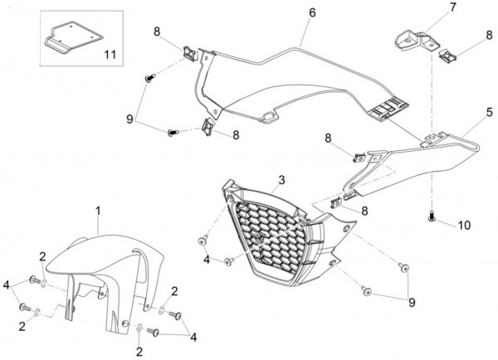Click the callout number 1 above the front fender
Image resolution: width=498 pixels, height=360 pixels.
point(98,212)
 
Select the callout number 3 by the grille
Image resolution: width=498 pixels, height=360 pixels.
point(281,180)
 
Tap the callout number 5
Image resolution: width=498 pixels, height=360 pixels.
point(490,112)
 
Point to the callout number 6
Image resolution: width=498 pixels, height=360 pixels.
point(313,12)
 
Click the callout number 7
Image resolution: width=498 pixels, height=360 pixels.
point(453,7)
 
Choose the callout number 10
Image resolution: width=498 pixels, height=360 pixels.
point(464,226)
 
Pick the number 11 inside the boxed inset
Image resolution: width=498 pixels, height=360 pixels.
point(110,55)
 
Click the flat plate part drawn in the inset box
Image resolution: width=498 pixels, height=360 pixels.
point(74,38)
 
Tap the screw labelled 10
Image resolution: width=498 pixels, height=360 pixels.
point(431,216)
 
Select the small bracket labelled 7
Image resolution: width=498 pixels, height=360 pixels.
point(417,41)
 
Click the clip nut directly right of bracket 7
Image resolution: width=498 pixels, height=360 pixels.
point(448,56)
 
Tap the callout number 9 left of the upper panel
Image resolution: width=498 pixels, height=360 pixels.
point(129,119)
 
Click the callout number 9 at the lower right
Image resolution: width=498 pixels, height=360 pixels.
point(412,303)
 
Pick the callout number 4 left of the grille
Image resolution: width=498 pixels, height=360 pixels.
point(207,260)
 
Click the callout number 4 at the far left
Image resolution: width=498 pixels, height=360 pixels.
point(7,285)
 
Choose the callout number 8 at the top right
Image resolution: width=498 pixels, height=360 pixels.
point(489,35)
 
